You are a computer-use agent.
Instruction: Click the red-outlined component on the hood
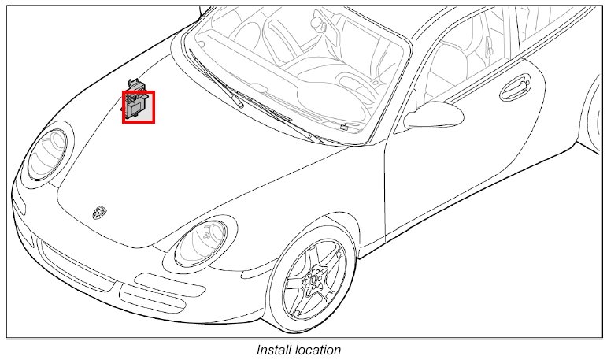(x=139, y=106)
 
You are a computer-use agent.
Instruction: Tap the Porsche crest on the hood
(x=98, y=213)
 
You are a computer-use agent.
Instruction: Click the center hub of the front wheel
(x=313, y=279)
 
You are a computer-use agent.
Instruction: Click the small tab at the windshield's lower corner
(x=344, y=126)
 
